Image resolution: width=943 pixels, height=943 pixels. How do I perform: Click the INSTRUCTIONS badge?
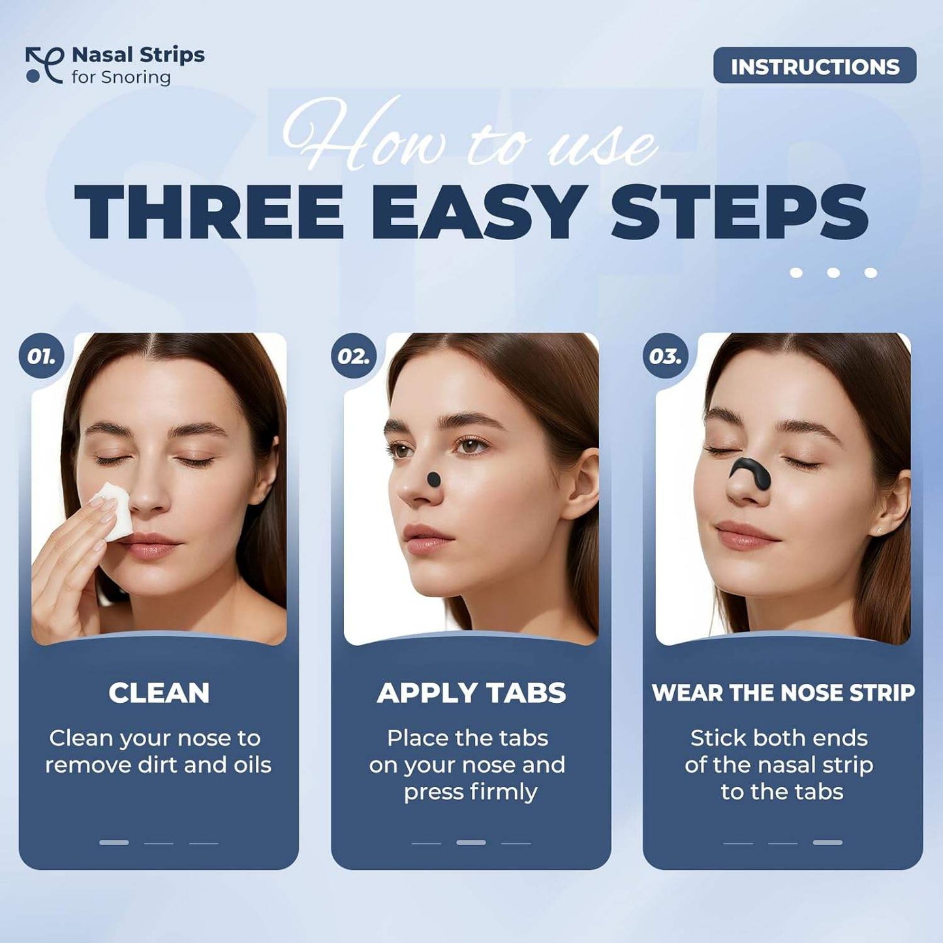[814, 65]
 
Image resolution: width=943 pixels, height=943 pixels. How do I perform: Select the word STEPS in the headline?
[739, 212]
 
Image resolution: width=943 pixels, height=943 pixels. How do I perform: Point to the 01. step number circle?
[41, 356]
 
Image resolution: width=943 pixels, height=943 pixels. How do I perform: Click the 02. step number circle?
[354, 356]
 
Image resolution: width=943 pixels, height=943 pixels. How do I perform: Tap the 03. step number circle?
[665, 356]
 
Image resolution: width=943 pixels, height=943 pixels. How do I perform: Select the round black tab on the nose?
[433, 480]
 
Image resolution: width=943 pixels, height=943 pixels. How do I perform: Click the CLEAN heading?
[159, 693]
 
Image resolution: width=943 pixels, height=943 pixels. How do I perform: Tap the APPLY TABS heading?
[471, 693]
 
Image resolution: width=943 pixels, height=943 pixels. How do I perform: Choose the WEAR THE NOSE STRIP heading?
[783, 693]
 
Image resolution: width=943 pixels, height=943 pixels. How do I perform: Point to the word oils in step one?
[252, 765]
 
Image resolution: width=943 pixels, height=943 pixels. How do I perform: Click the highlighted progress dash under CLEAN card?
[114, 843]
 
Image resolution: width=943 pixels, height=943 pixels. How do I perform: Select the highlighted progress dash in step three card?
[827, 843]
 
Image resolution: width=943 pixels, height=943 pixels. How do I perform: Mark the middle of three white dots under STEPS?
[833, 273]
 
